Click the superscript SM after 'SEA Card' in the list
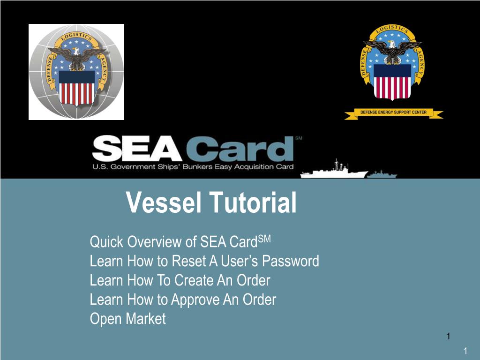(x=264, y=239)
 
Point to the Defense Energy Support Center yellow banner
(x=393, y=113)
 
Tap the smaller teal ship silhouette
(x=382, y=174)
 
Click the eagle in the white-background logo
(x=76, y=55)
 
